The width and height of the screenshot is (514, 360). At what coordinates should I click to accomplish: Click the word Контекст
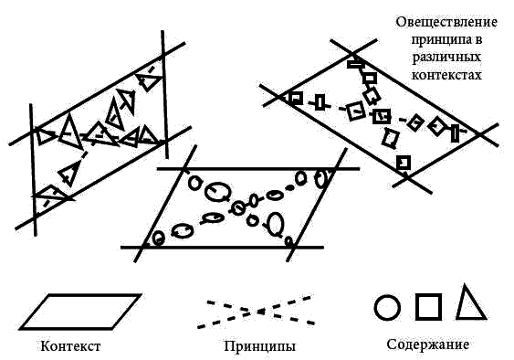pos(70,346)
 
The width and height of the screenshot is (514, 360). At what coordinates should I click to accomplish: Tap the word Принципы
pos(259,347)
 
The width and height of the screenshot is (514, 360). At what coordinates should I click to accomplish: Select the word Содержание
pos(427,344)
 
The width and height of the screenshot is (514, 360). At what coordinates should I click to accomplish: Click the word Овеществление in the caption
pos(446,22)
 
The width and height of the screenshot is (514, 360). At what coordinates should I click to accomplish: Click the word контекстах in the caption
pos(446,75)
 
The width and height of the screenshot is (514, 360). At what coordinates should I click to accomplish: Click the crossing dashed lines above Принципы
pos(256,311)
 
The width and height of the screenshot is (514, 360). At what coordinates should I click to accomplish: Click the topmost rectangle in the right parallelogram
pos(356,64)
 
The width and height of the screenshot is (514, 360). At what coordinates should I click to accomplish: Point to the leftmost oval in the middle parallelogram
pos(158,237)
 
